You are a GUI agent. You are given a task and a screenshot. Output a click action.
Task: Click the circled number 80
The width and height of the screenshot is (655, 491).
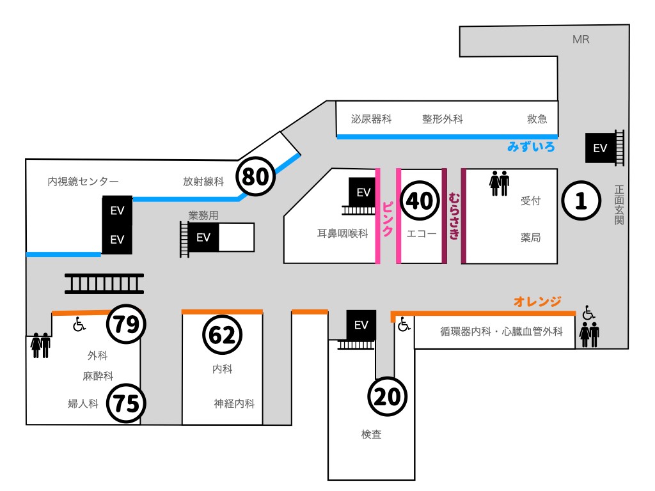256,176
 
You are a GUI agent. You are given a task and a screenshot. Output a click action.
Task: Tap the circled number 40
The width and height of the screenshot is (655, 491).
420,201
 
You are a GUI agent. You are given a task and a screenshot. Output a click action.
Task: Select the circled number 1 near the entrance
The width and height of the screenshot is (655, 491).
581,201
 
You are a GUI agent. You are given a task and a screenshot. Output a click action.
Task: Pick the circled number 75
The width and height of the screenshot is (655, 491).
126,403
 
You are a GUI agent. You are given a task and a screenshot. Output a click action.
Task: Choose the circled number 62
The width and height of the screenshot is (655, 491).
223,335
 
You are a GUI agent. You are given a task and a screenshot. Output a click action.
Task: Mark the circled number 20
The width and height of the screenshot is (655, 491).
388,397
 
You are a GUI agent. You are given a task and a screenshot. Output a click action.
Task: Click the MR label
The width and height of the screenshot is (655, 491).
581,40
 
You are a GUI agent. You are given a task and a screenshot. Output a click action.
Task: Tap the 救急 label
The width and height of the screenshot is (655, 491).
537,120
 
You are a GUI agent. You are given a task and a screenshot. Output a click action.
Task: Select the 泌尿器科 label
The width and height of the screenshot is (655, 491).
371,120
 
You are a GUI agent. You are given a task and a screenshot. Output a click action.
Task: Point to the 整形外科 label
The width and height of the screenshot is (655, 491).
442,120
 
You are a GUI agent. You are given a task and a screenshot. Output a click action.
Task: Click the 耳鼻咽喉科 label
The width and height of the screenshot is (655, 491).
342,233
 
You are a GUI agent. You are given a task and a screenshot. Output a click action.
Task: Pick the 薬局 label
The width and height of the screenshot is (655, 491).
531,238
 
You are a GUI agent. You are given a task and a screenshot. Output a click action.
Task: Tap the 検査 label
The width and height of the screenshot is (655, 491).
371,435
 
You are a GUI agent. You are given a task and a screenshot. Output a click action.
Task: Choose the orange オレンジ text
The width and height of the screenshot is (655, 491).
537,301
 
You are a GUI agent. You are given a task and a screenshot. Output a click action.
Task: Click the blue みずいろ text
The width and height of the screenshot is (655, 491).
531,147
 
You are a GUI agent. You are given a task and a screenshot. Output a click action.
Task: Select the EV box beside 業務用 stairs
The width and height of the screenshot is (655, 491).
203,238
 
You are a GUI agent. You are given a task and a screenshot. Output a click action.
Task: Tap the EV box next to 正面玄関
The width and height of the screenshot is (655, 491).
600,148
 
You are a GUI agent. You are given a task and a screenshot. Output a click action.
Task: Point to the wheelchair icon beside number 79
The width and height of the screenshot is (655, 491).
79,325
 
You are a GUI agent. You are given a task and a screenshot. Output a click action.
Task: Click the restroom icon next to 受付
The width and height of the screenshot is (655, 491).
499,183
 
